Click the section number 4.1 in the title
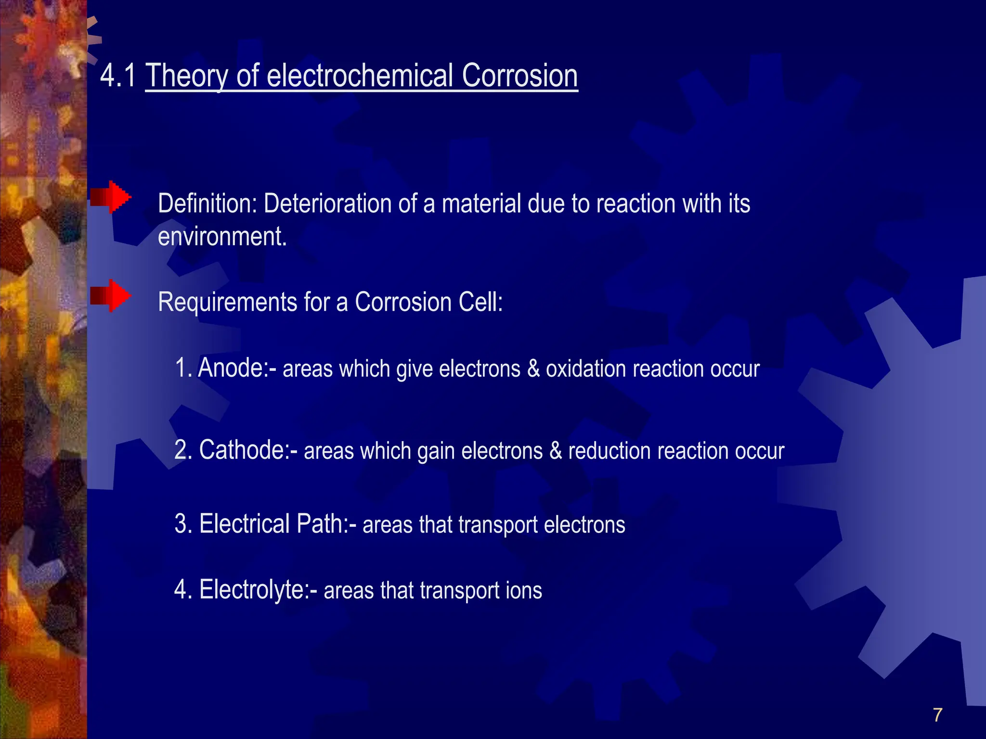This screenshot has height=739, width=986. coord(117,76)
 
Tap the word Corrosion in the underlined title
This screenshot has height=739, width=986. coord(519,76)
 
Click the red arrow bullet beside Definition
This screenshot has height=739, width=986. coord(111,197)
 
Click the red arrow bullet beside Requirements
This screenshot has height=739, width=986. coord(111,295)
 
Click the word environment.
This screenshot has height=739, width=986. coord(222,237)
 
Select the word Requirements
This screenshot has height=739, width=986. coord(228,303)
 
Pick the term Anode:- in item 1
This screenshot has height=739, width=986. coord(237,369)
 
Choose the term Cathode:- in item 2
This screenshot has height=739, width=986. coord(248,450)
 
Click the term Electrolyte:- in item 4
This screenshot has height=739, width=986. coord(258,590)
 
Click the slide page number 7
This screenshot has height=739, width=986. coord(937,715)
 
